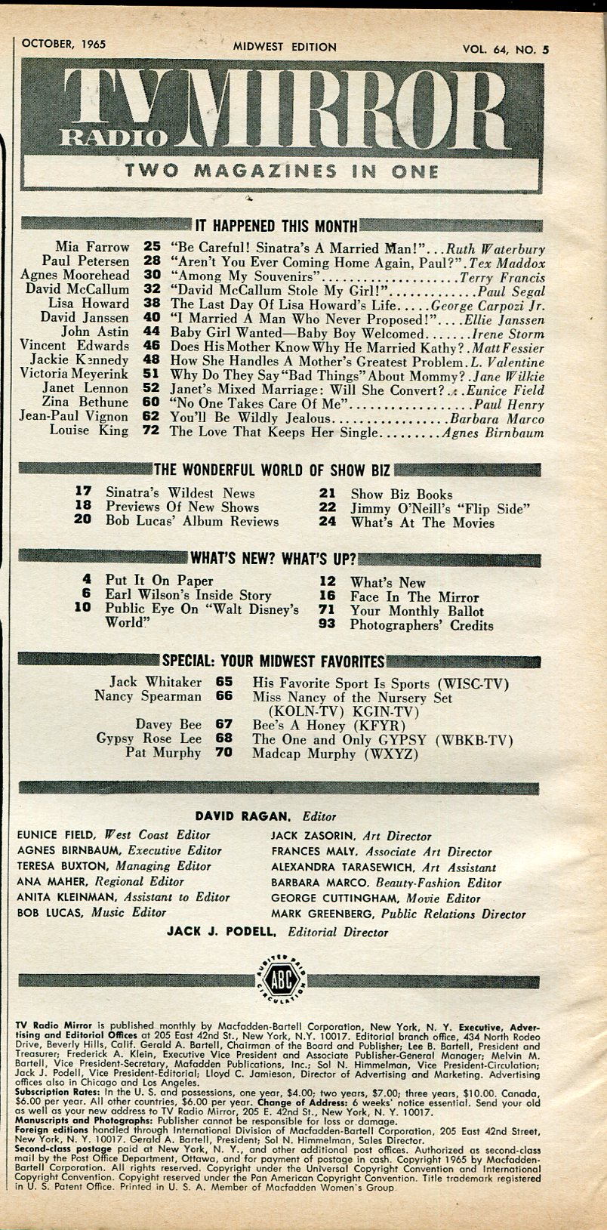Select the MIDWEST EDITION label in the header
tap(284, 47)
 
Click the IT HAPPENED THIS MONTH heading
tap(276, 226)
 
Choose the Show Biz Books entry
tap(401, 495)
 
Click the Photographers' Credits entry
tap(421, 625)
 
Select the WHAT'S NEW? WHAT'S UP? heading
tap(273, 560)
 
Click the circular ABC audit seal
tap(279, 981)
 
